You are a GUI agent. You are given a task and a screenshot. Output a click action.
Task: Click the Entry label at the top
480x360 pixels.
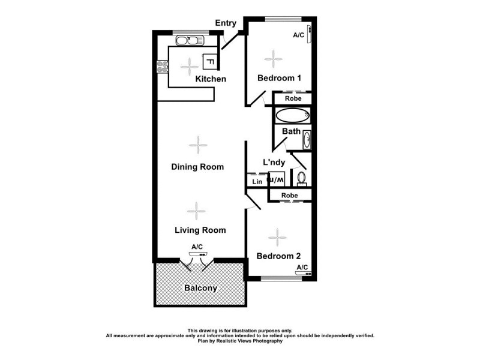coord(227,23)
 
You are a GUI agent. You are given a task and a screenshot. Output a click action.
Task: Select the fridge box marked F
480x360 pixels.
coord(210,61)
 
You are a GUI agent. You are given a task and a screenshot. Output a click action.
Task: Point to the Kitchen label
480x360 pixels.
coord(211,79)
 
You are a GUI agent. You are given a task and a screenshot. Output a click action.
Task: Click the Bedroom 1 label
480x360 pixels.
coord(279,78)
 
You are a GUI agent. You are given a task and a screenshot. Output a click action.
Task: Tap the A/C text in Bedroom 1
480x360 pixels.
coord(298,35)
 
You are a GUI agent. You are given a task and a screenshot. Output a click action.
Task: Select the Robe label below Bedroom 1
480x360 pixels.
coord(293,98)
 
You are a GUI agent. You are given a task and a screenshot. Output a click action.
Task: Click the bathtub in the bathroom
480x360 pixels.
coord(292,115)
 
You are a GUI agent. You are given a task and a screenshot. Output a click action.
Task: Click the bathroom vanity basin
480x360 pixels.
coord(307,140)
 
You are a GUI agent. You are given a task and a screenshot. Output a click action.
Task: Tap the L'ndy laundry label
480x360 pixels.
coord(274,162)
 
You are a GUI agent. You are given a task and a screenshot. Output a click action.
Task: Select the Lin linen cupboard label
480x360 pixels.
coord(257,181)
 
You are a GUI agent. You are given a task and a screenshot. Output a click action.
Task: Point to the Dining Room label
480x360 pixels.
coord(197,167)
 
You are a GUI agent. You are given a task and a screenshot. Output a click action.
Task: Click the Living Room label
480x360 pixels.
coord(200,230)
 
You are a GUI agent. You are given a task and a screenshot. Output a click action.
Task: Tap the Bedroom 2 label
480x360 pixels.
coord(278,256)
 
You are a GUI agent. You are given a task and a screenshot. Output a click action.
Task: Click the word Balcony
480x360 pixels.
coord(200,288)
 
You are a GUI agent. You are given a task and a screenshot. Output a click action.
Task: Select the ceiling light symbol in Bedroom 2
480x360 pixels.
coord(277,238)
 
